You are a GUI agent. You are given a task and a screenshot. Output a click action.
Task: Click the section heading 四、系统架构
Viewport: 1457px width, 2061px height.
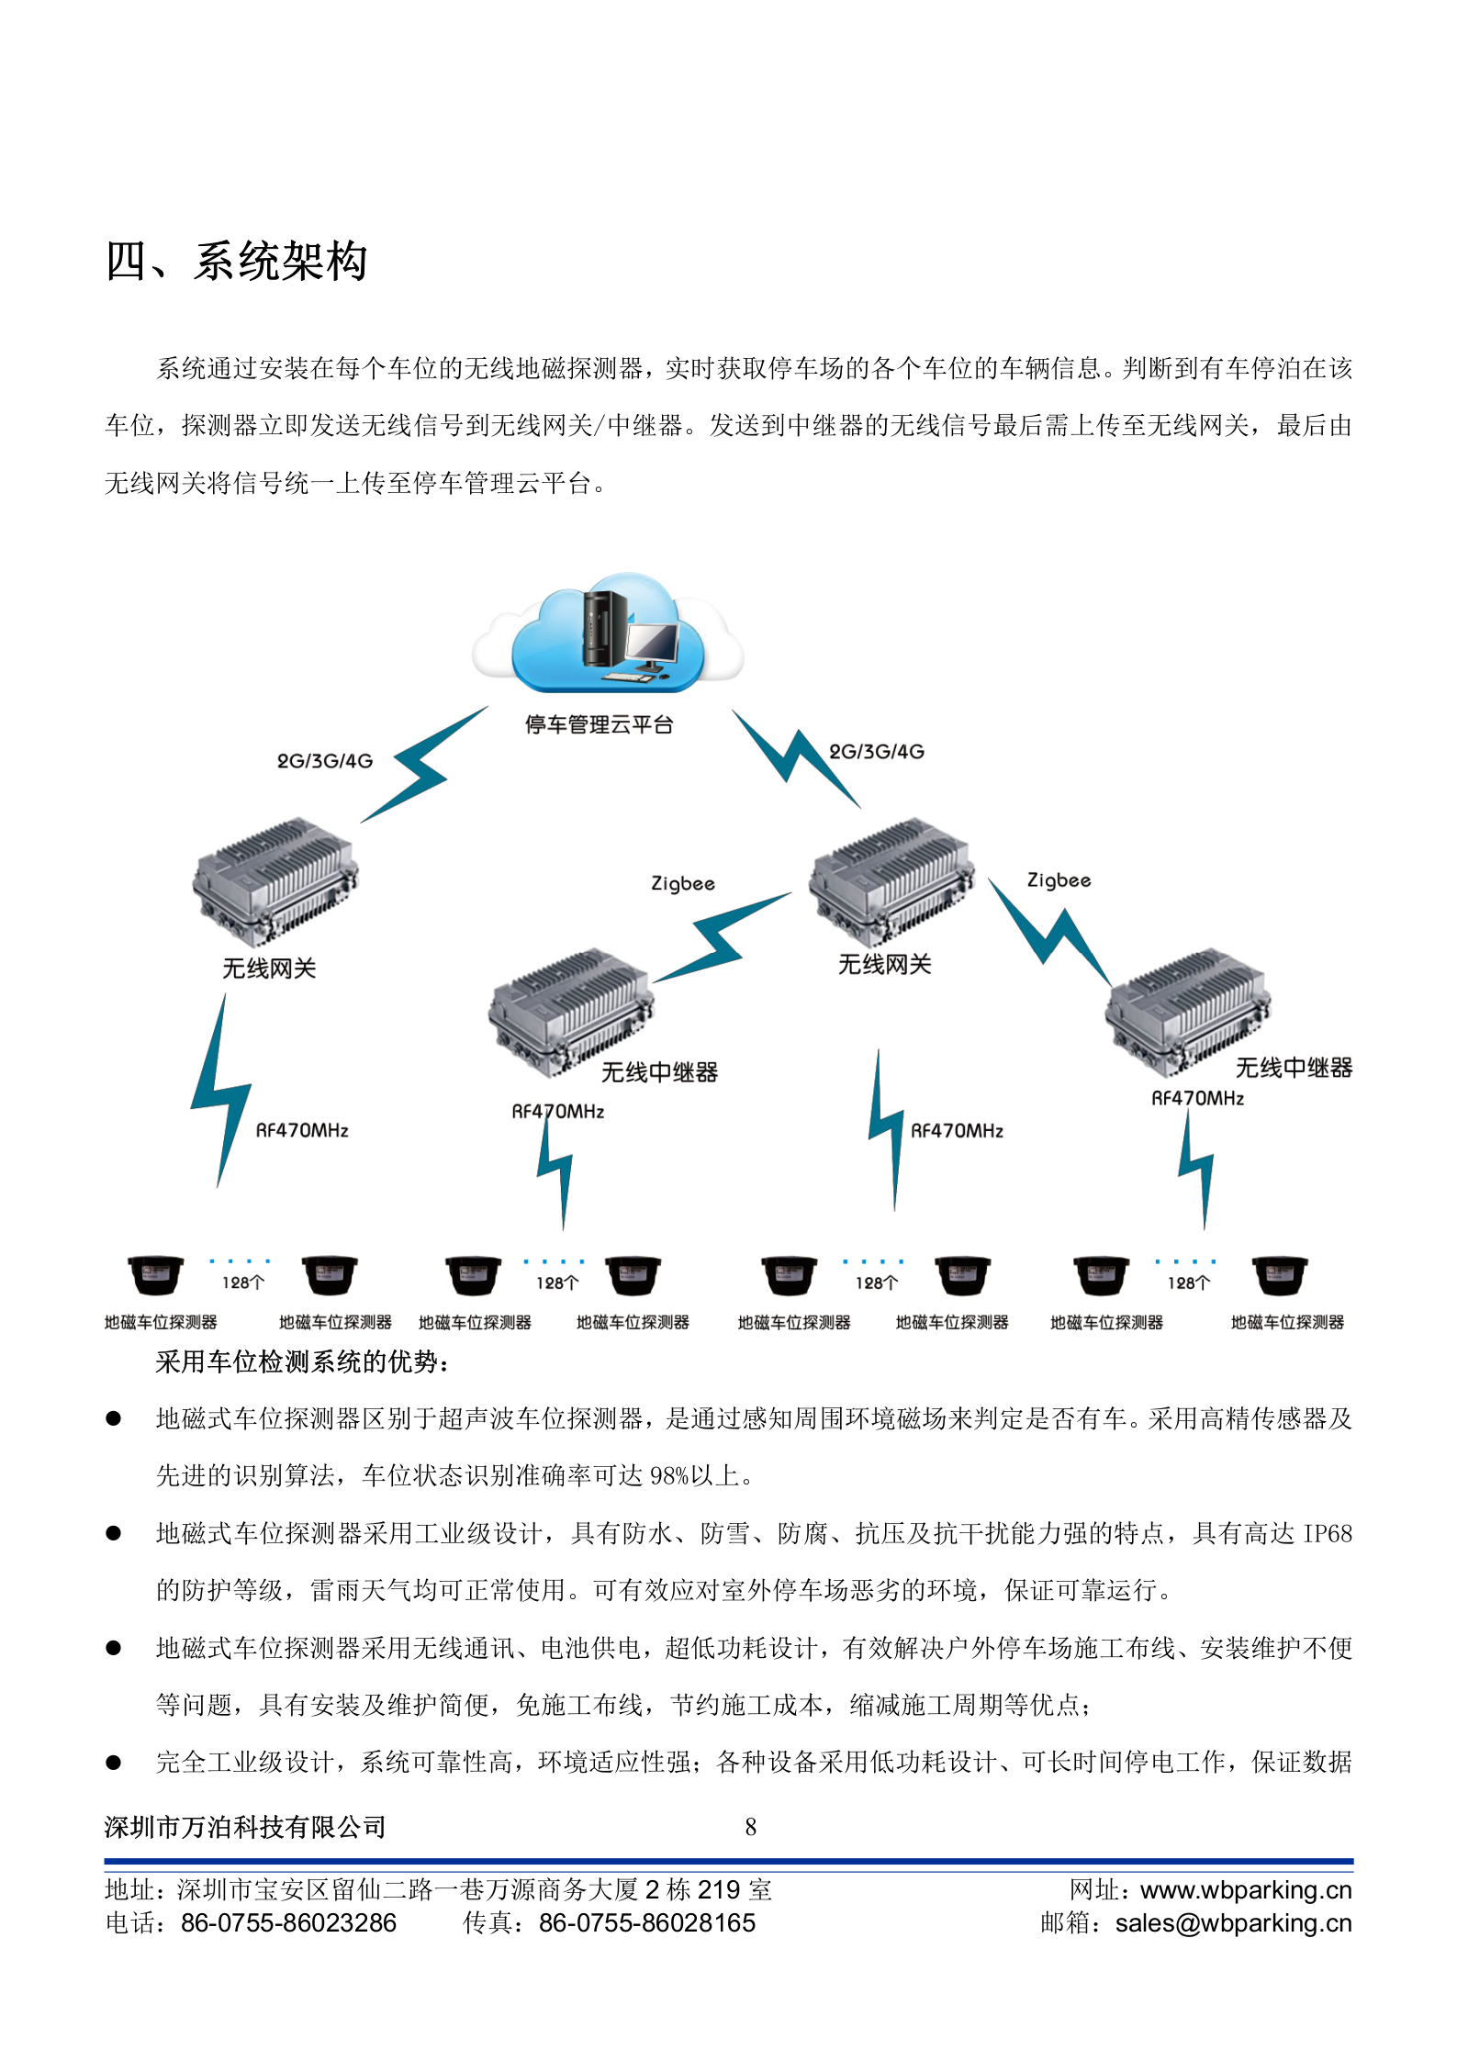coord(236,262)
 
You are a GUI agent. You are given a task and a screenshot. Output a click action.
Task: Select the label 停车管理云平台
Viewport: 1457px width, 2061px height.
coord(599,725)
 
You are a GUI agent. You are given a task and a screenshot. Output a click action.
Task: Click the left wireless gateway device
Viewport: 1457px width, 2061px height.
coord(275,881)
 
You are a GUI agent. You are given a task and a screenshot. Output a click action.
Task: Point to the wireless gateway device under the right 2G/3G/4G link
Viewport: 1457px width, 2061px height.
coord(890,881)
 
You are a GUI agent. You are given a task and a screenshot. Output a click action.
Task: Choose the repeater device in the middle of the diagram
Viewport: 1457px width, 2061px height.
coord(570,1013)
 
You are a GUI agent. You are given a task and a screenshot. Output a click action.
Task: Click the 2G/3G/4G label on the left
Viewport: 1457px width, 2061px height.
coord(325,761)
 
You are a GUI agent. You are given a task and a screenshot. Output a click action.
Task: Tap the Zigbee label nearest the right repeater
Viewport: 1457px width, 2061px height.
coord(1059,880)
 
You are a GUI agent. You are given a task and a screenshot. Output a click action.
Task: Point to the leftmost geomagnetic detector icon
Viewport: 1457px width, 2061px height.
coord(155,1275)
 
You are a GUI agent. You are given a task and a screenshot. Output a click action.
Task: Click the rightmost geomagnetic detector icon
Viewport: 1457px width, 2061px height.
coord(1280,1275)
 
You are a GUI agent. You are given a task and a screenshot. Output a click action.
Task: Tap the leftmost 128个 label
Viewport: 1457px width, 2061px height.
coord(243,1283)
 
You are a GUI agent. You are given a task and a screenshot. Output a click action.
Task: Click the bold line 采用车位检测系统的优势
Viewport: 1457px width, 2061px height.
coord(301,1361)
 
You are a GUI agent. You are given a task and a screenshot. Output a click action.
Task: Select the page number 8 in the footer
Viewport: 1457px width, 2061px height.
coord(750,1827)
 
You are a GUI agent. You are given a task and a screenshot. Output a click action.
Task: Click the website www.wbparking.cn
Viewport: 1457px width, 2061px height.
coord(1246,1890)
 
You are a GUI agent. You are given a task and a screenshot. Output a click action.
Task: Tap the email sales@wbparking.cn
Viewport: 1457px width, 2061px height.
coord(1233,1923)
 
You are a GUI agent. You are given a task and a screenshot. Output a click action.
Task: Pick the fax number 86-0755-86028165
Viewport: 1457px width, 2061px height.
coord(646,1923)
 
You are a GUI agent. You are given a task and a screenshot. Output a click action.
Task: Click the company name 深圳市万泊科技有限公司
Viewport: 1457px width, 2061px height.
coord(245,1827)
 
